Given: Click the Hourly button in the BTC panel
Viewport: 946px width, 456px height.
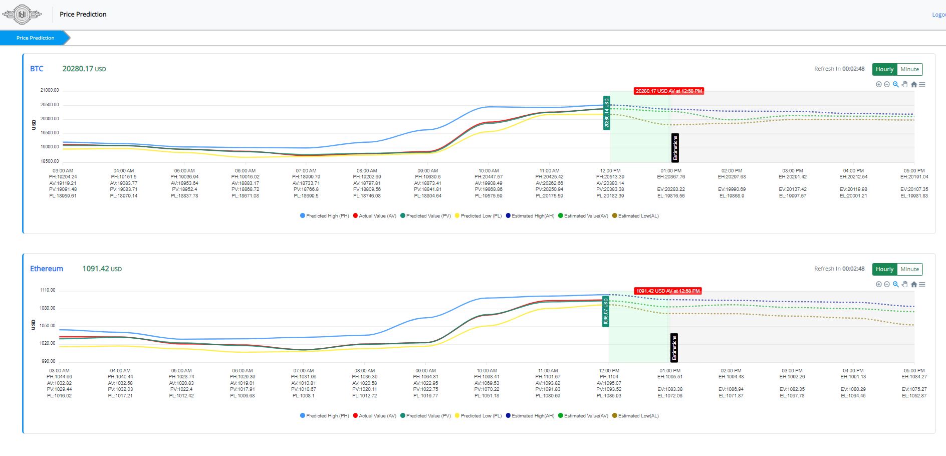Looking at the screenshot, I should coord(884,69).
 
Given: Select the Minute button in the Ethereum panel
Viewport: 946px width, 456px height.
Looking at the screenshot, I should coord(909,269).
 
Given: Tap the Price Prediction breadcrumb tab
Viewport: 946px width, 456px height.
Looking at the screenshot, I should coord(35,38).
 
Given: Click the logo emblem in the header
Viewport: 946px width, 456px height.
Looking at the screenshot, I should coord(22,15).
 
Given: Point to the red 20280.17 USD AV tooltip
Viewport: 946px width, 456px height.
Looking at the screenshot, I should coord(669,91).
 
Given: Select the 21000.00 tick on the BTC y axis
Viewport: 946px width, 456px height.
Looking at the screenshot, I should coord(50,90).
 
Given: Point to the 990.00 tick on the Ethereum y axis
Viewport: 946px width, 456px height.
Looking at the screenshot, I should coord(49,361).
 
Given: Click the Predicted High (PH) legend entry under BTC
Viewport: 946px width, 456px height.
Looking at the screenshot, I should coord(325,216).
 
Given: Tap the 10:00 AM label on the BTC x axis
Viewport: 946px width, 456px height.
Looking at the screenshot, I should coord(489,171).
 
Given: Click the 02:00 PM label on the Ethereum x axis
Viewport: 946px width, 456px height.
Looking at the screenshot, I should coord(731,371).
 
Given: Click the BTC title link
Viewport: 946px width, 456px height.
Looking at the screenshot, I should coord(37,69).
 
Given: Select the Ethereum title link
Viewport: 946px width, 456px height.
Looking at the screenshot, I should coord(47,269).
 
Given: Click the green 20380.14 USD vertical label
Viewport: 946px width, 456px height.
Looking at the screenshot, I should coord(606,113).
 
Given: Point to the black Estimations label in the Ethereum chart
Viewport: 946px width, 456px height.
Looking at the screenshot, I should coord(674,348).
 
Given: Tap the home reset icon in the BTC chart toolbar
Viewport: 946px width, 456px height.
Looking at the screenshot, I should coord(913,85).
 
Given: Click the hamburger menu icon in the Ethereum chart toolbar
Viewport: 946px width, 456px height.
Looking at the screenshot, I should coord(922,285).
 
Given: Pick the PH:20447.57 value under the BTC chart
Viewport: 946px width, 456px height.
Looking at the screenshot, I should coord(489,177).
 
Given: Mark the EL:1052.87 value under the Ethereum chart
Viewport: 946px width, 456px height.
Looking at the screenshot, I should coord(914,396).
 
